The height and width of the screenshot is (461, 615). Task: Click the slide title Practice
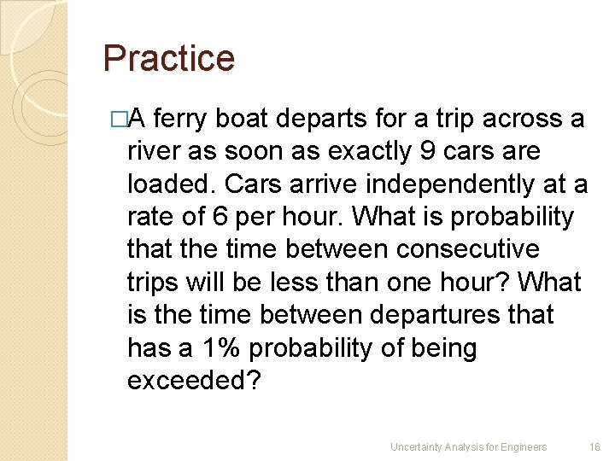168,59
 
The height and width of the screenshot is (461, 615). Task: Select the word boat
244,120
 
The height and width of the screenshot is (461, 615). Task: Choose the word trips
150,283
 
